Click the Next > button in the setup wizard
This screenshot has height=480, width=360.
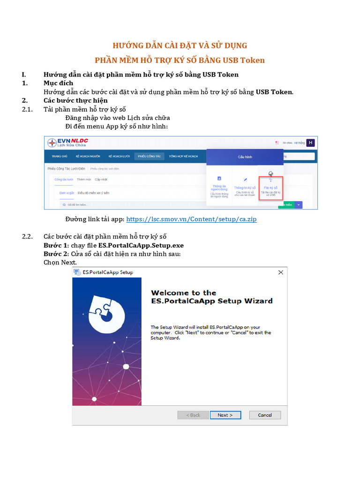click(x=225, y=415)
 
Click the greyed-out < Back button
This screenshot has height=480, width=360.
click(x=193, y=415)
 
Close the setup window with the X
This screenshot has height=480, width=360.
click(x=280, y=272)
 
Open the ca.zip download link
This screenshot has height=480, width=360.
click(x=191, y=219)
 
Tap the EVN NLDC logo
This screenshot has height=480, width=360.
click(x=67, y=142)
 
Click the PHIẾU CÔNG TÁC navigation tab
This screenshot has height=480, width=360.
click(x=149, y=156)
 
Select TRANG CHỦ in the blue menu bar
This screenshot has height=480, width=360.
click(x=60, y=156)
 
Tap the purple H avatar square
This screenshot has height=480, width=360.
click(x=310, y=142)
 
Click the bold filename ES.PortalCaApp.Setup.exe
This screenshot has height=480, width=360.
click(x=141, y=245)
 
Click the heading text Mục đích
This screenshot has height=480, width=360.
click(x=58, y=83)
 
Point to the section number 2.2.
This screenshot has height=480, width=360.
click(x=27, y=236)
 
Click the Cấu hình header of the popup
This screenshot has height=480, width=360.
click(x=245, y=157)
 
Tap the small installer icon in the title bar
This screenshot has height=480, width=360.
click(x=77, y=272)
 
